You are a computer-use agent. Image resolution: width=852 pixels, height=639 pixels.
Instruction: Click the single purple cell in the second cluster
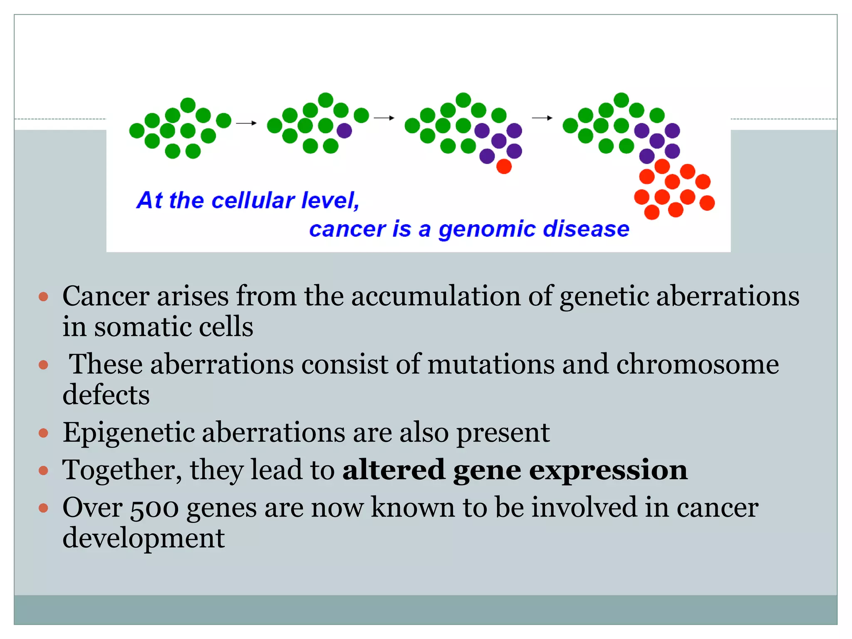coord(344,131)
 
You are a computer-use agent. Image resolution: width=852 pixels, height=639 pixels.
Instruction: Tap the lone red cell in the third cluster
coord(504,166)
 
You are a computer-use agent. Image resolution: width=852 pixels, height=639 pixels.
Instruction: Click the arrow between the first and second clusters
coord(246,123)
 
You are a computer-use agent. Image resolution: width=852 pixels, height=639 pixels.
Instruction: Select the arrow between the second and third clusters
coord(384,118)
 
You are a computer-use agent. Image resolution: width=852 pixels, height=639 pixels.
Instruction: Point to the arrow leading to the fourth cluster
coord(542,118)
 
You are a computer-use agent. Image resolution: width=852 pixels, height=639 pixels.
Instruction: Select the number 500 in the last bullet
coord(154,508)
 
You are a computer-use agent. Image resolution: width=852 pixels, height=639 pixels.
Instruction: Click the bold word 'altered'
coord(394,470)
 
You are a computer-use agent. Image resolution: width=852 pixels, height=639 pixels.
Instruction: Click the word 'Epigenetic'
coord(129,433)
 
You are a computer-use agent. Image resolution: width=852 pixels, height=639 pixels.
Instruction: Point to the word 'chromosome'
coord(697,364)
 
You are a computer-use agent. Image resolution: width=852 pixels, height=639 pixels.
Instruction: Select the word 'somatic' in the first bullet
coord(142,327)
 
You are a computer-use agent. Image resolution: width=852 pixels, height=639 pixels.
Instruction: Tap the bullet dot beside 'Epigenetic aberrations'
coord(43,433)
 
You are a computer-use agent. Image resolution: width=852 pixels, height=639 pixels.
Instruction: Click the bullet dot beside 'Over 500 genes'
coord(43,508)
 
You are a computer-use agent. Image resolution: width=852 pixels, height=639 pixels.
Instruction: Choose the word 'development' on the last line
coord(144,538)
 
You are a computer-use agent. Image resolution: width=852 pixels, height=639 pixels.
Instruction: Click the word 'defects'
coord(106,395)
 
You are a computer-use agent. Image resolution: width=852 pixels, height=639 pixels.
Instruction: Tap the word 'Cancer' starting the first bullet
coord(106,297)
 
